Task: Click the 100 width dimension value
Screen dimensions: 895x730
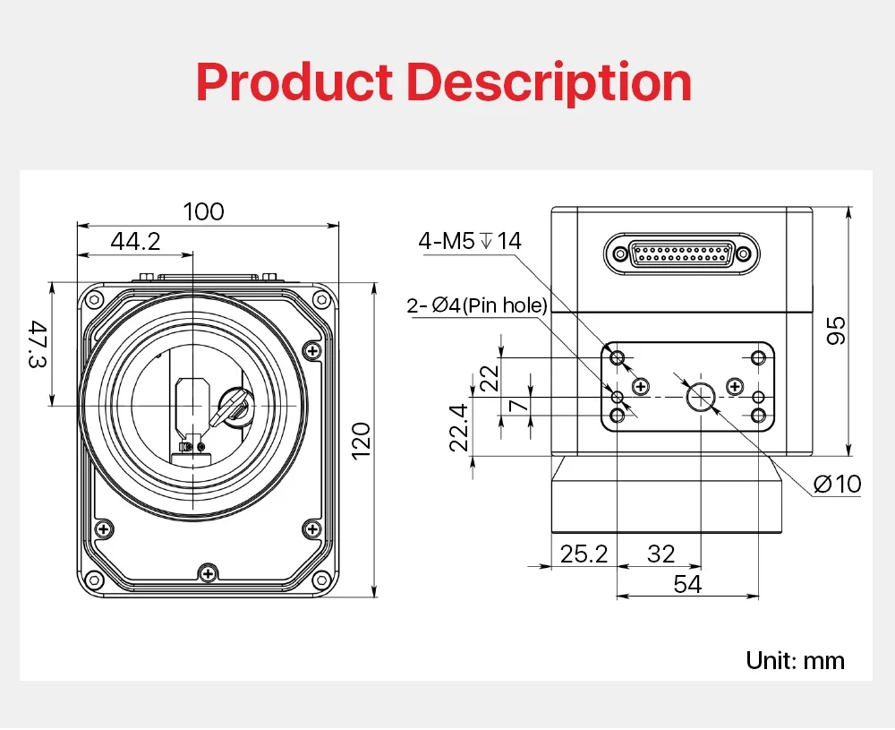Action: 204,212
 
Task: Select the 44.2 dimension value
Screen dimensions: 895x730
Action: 135,241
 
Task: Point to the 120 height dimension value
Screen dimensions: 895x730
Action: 362,441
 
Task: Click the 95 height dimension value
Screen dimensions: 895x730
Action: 837,331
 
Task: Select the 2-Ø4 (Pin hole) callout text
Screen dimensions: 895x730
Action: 477,305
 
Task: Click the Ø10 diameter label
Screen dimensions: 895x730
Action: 838,485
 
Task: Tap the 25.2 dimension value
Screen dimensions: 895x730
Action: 584,554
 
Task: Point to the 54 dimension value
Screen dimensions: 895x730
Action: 687,584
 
